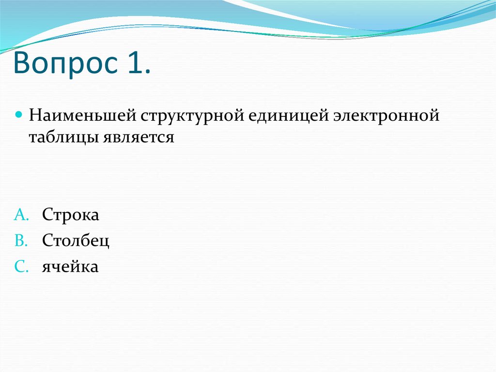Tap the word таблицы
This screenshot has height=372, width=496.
(x=63, y=137)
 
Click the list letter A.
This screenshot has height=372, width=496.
(x=22, y=215)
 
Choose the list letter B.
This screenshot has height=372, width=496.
(x=22, y=241)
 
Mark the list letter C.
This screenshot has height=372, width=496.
(x=22, y=266)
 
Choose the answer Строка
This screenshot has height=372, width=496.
(x=71, y=215)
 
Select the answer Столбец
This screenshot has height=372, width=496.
(x=76, y=241)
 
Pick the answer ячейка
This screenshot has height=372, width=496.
(x=70, y=267)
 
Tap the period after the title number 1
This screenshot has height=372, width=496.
(x=147, y=73)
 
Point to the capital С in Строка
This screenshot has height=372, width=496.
(x=47, y=215)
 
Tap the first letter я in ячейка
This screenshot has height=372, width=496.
(x=46, y=267)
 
